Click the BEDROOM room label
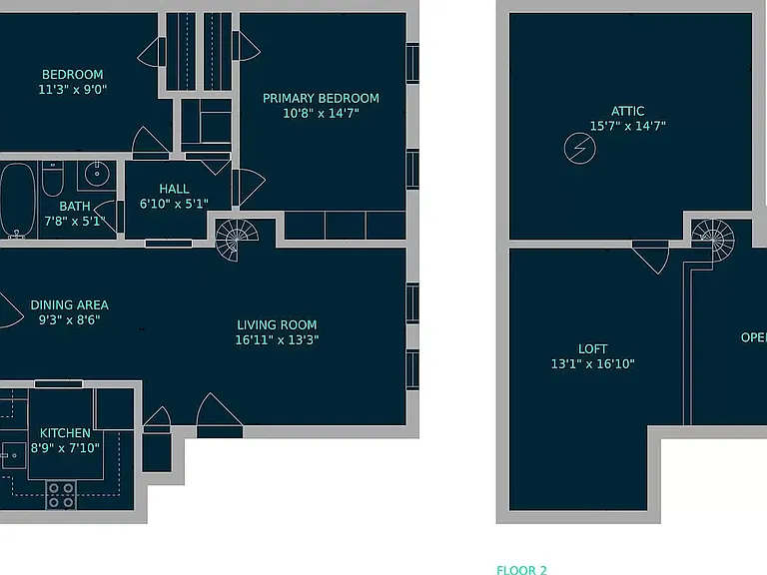click(x=72, y=74)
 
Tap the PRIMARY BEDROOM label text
click(x=321, y=98)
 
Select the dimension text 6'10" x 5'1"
click(x=174, y=204)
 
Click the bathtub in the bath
click(x=18, y=201)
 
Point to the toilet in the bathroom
click(x=53, y=179)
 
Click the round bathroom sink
click(x=97, y=174)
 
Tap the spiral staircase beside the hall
click(x=236, y=240)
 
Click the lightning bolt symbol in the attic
click(x=579, y=148)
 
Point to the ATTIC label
click(x=627, y=111)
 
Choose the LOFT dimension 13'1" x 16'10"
click(x=593, y=363)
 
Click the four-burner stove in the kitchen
click(x=61, y=495)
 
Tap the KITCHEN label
click(x=65, y=433)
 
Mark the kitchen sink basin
click(x=13, y=455)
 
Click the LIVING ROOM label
click(x=277, y=325)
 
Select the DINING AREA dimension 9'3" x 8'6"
click(x=70, y=319)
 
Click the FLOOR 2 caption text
click(x=522, y=570)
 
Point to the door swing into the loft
click(x=650, y=257)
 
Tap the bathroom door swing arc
click(x=106, y=217)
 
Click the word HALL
click(x=174, y=189)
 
